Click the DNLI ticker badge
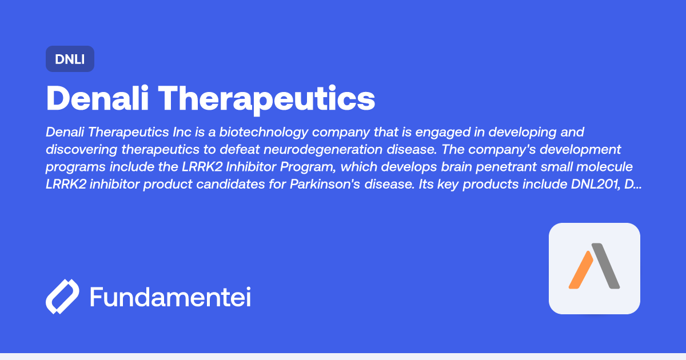(x=70, y=59)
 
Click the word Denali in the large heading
(x=97, y=98)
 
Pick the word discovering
(x=80, y=150)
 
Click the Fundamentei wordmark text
(x=170, y=297)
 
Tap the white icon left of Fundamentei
(x=62, y=297)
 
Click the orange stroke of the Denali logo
(x=581, y=270)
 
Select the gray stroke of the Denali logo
(x=607, y=266)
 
